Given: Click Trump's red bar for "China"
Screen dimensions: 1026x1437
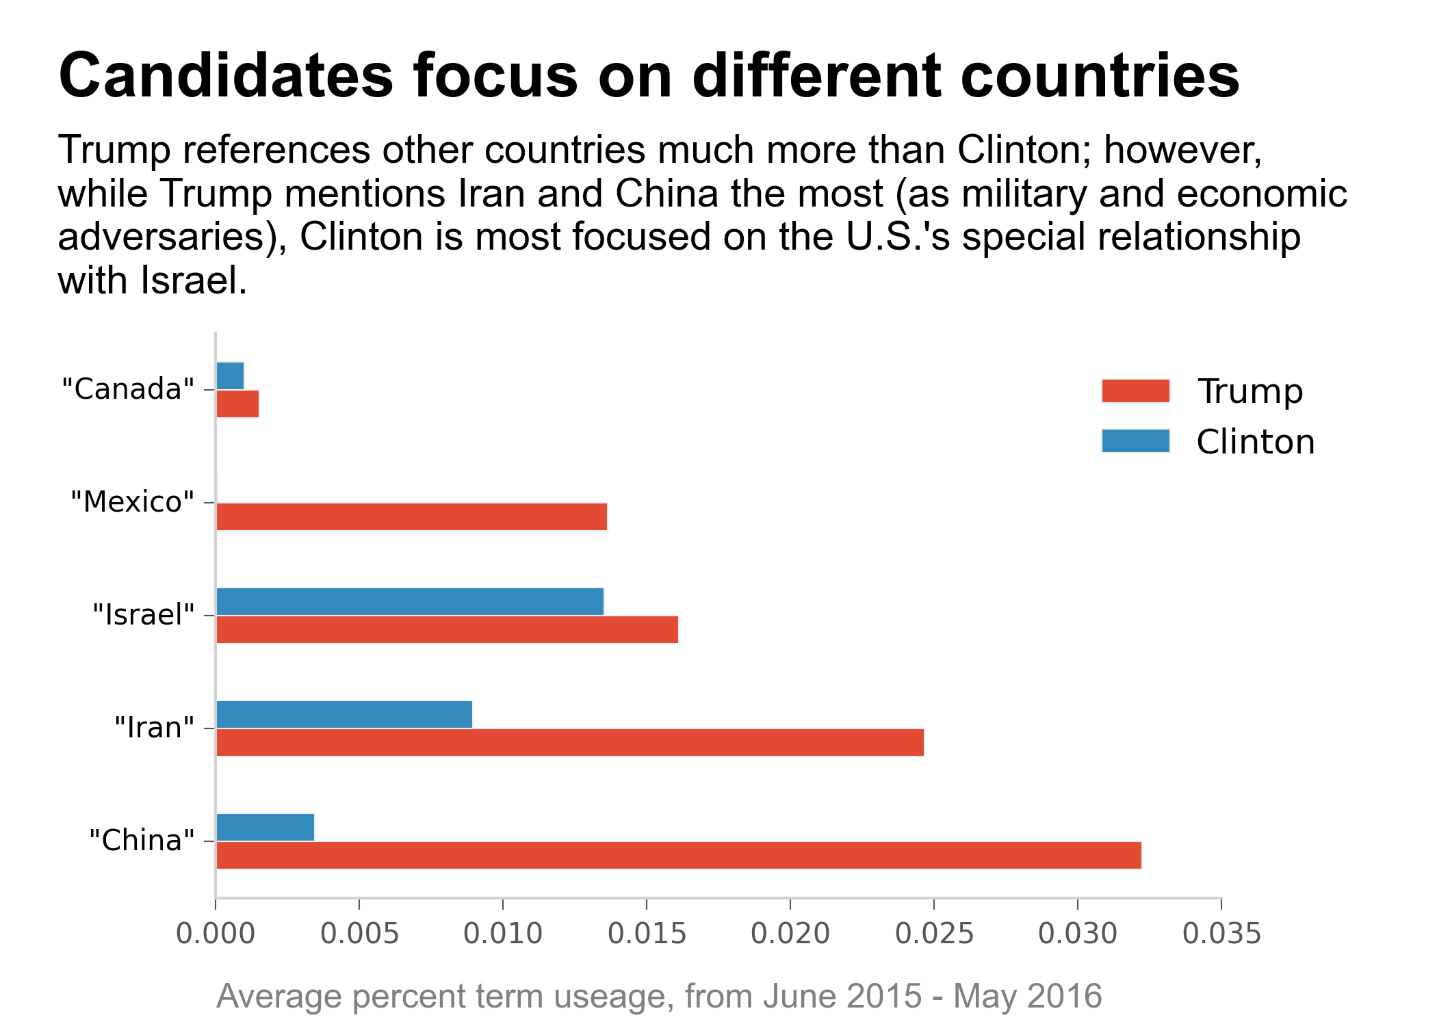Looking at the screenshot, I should pyautogui.click(x=677, y=855).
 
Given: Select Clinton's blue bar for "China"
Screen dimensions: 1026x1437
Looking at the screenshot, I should pyautogui.click(x=265, y=827).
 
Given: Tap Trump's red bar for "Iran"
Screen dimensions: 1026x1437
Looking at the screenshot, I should pyautogui.click(x=569, y=742).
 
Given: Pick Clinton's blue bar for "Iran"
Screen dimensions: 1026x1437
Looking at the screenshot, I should pyautogui.click(x=344, y=714).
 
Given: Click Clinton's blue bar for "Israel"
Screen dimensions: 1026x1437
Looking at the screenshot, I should pyautogui.click(x=409, y=601).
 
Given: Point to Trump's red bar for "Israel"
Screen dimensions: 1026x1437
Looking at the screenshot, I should pyautogui.click(x=446, y=629).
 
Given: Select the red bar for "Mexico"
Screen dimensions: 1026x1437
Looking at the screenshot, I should pyautogui.click(x=411, y=516).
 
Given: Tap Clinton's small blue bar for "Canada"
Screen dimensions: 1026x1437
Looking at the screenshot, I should pyautogui.click(x=230, y=376).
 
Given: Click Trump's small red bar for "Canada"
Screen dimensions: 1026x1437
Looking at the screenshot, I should pyautogui.click(x=237, y=404).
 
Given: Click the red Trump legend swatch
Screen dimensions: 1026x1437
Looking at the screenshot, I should pyautogui.click(x=1135, y=391).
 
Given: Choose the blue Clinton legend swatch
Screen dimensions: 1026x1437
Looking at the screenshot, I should pyautogui.click(x=1135, y=441).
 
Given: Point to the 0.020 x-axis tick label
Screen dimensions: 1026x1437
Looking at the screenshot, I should pyautogui.click(x=790, y=934).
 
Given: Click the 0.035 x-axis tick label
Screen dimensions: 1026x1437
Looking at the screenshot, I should pyautogui.click(x=1221, y=934).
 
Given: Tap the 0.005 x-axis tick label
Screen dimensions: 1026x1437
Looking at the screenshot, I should pyautogui.click(x=359, y=934).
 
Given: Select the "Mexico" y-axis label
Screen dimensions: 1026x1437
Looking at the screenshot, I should pyautogui.click(x=133, y=502).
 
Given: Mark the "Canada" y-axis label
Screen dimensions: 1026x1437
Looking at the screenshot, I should pyautogui.click(x=128, y=389).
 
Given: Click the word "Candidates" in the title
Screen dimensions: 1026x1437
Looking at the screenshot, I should pyautogui.click(x=226, y=75).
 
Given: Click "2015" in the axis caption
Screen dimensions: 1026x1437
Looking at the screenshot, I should pyautogui.click(x=883, y=996).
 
